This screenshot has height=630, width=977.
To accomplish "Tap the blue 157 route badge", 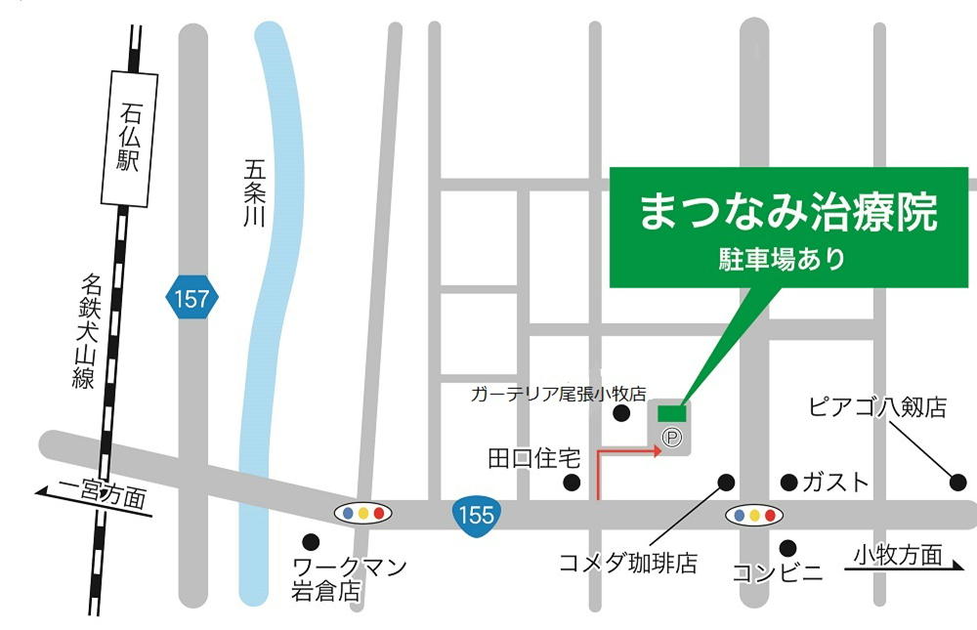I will point(191,298).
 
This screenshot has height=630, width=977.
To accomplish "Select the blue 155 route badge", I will point(476,513).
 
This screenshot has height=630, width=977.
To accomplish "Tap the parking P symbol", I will point(671,439).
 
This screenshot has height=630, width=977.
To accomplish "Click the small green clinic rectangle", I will point(671,413).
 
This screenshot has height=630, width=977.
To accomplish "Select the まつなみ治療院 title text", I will point(787,212).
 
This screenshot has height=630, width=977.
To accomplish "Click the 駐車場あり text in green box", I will point(787,260).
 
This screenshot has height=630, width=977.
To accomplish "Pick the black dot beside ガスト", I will point(788,482).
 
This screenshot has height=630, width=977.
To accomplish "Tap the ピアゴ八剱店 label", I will point(877,407).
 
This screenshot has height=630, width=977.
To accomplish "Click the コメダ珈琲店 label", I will point(627,563).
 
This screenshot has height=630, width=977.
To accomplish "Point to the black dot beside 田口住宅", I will point(572,483).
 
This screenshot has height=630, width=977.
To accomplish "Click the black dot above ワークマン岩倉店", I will point(311,541).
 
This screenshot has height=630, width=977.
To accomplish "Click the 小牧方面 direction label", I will point(897,556).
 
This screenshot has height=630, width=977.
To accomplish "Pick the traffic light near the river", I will point(363,513).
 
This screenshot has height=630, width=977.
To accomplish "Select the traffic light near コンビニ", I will point(753,514).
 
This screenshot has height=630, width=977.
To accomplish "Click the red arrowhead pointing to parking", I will point(657,451).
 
